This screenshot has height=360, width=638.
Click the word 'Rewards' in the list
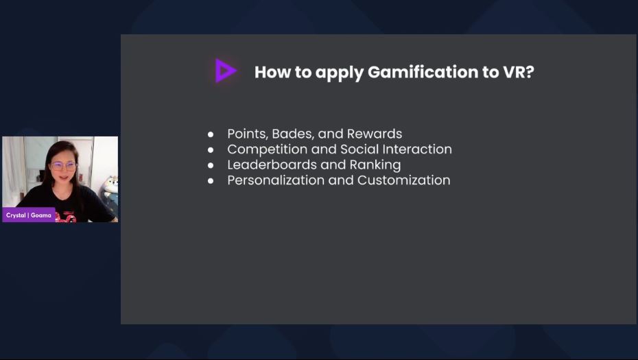click(x=375, y=134)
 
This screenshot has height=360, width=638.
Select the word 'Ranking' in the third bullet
click(x=375, y=165)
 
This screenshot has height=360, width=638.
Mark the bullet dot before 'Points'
click(x=211, y=134)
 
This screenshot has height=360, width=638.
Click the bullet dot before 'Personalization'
click(x=211, y=180)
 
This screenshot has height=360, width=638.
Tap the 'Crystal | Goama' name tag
click(x=29, y=215)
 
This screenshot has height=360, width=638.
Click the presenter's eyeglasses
click(x=64, y=166)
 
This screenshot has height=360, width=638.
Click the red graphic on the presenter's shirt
click(x=67, y=217)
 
